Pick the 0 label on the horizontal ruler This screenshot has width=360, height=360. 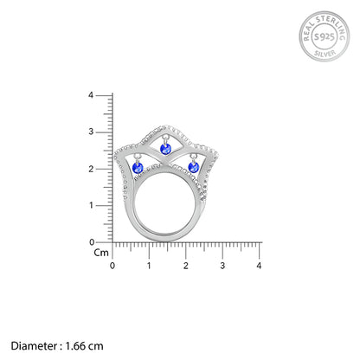112,265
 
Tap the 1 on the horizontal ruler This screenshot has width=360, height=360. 149,265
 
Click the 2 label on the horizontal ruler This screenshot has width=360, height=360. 185,265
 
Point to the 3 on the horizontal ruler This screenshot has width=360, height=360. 222,265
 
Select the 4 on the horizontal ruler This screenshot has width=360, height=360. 259,265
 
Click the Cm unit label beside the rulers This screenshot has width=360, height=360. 101,254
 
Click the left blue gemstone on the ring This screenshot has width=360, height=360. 137,166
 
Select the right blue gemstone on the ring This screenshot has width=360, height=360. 193,166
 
